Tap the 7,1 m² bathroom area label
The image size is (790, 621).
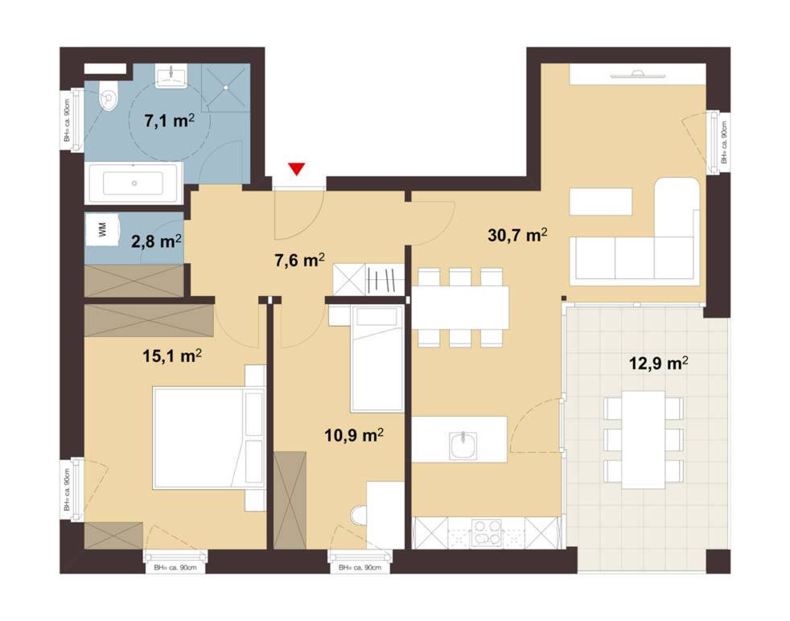pos(169,121)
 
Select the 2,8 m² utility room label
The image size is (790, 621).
pos(156,241)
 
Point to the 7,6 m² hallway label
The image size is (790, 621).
pos(299,260)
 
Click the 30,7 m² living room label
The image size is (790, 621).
pos(517,235)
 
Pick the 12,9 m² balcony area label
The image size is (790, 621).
pos(659,363)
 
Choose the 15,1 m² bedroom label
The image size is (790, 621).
pos(172,356)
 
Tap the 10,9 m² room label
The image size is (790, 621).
pos(354,434)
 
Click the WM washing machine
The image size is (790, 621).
pos(102,230)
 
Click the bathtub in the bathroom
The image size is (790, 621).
pos(134,183)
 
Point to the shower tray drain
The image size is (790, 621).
pos(226,88)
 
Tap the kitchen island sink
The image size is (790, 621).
pos(463,445)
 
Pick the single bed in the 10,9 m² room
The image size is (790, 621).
pos(377,358)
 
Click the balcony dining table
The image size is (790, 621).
pos(644,439)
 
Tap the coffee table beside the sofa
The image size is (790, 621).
pos(601,201)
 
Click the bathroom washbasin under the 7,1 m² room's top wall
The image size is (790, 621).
pos(171,76)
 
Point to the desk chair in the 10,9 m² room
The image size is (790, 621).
pos(359,516)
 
